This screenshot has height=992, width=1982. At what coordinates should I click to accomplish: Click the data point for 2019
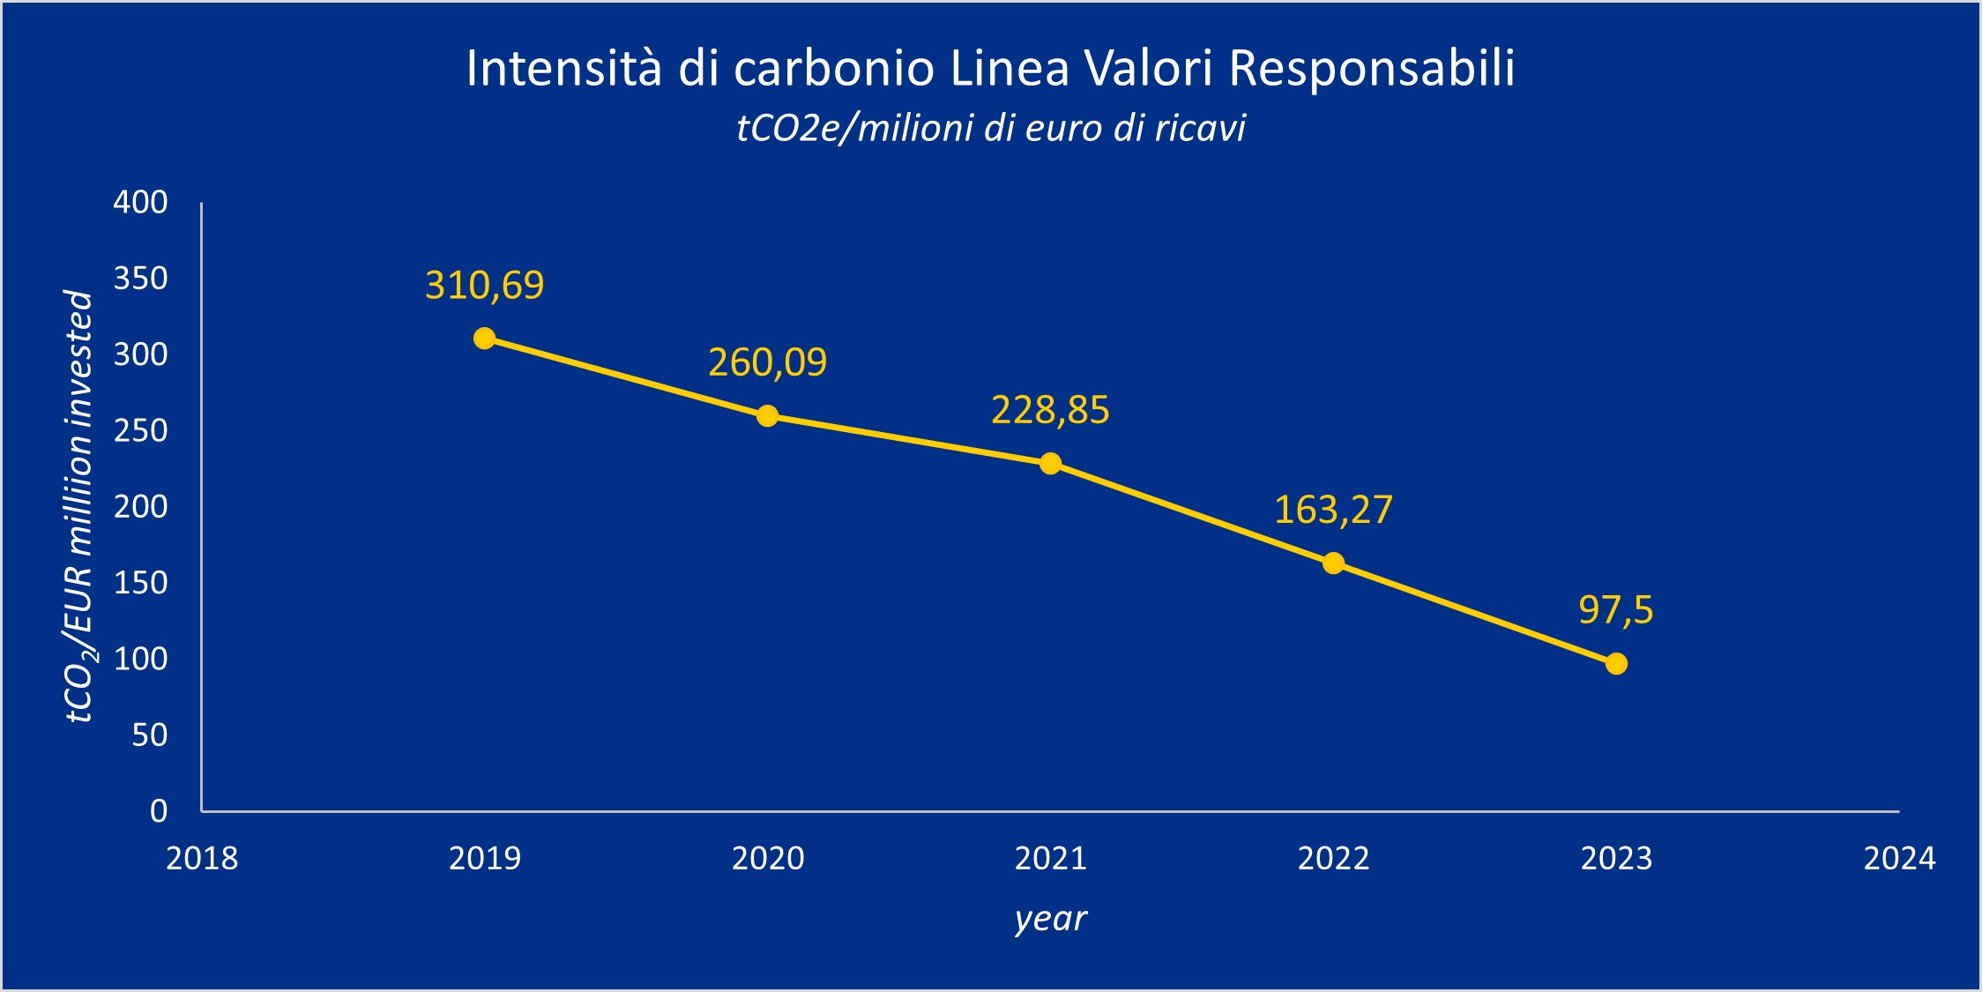click(x=484, y=339)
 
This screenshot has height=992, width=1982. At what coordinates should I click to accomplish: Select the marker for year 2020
click(x=767, y=415)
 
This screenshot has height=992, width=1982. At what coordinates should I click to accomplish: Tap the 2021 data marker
click(x=1050, y=464)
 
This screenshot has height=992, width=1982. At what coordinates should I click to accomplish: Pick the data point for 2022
click(x=1333, y=563)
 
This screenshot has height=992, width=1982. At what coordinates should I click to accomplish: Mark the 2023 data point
click(x=1616, y=663)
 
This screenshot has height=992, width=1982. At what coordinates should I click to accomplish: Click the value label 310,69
click(x=484, y=286)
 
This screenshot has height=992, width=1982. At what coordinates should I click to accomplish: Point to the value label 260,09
click(x=767, y=362)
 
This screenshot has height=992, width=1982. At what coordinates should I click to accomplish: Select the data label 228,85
click(x=1050, y=410)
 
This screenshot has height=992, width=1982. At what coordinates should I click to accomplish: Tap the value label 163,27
click(x=1333, y=510)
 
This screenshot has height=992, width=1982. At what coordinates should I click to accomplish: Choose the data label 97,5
click(x=1615, y=610)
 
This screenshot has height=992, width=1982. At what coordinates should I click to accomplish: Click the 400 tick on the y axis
click(x=140, y=203)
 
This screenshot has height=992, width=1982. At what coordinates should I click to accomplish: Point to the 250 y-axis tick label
click(x=140, y=430)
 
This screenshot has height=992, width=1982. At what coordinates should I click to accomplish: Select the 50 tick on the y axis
click(x=149, y=735)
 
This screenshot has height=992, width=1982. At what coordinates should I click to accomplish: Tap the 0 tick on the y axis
click(x=159, y=810)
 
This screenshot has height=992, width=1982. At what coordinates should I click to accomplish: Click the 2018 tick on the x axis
click(x=202, y=858)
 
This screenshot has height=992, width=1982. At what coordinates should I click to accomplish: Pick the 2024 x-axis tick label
click(x=1898, y=858)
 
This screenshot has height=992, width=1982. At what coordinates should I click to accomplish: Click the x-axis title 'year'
click(x=1050, y=918)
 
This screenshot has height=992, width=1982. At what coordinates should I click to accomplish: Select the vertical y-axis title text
click(x=79, y=507)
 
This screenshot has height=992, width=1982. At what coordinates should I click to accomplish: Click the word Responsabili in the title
click(x=1372, y=68)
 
